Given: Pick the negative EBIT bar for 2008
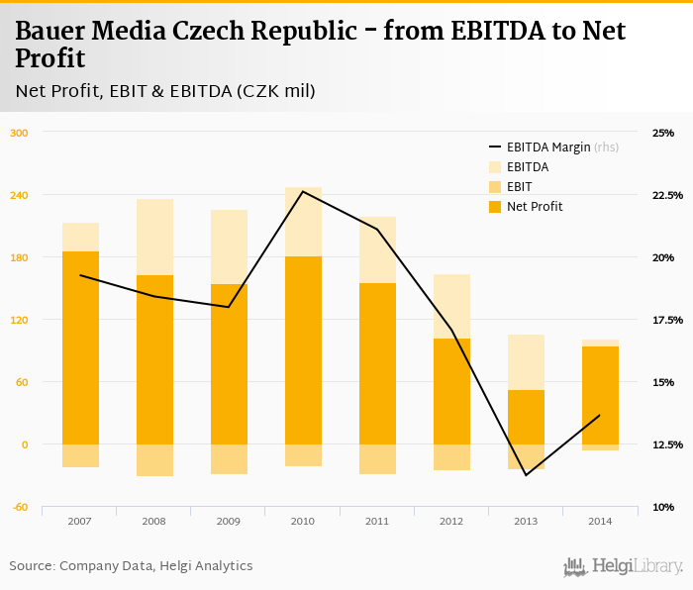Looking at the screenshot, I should (x=154, y=460).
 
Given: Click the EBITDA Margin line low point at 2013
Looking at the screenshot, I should (x=526, y=475).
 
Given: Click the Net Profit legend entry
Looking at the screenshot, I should (x=535, y=206).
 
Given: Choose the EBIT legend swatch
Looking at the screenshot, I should (x=495, y=186).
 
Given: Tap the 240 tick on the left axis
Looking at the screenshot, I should (x=19, y=195).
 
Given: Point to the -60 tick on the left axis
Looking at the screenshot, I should (x=19, y=507).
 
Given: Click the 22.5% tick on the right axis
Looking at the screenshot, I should (x=667, y=195).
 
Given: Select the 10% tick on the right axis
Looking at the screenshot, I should (x=662, y=507).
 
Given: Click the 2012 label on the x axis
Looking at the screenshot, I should (x=451, y=521).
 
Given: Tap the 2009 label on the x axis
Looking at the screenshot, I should (x=229, y=521).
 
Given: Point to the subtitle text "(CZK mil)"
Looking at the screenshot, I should (x=275, y=91).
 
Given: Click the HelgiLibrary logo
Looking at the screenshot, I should (x=623, y=566).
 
